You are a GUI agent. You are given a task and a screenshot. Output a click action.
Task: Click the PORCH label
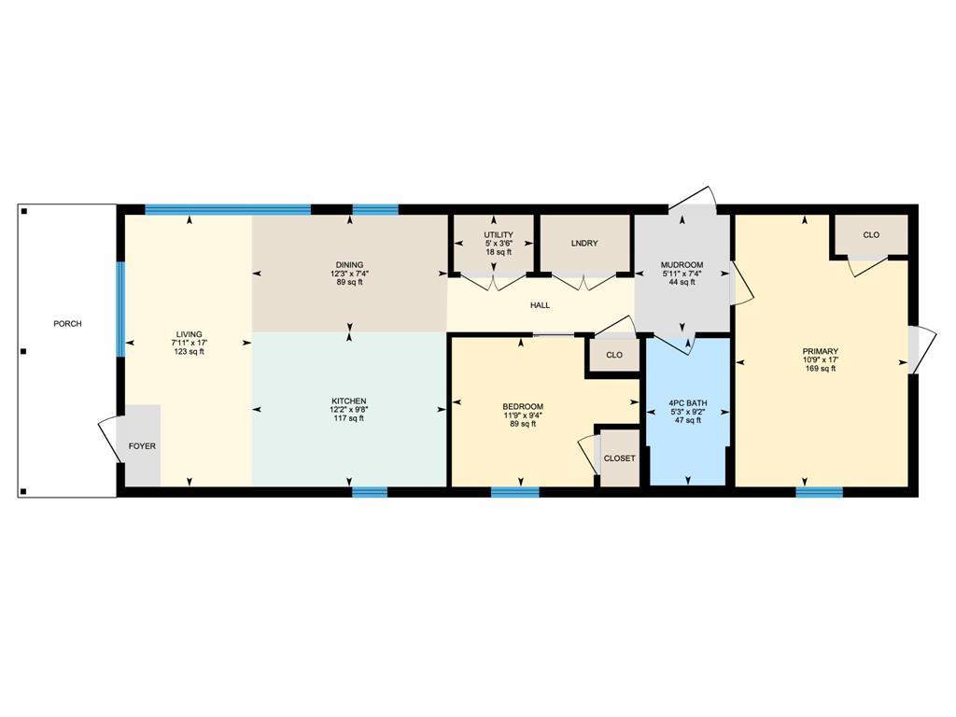coord(67,324)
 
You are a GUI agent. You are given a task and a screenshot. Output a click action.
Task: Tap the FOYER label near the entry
coord(142,446)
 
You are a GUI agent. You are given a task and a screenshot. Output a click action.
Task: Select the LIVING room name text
coord(189,334)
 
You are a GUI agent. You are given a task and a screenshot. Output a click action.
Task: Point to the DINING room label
coord(349,264)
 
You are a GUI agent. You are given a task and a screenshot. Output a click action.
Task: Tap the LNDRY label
coord(583,244)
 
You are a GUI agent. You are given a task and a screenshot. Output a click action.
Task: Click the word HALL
coord(540,305)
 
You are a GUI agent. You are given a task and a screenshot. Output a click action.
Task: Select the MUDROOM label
coord(682,265)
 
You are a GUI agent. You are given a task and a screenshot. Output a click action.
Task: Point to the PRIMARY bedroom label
coord(820,352)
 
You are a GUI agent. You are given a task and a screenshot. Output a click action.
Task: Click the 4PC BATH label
coord(687,403)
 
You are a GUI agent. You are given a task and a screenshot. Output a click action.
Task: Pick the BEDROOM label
coord(522,406)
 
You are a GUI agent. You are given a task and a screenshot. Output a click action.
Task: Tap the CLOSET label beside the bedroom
coord(619,458)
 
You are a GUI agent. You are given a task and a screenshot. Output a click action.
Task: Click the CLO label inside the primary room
coord(870,235)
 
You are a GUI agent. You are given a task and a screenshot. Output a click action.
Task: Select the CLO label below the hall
coord(613,355)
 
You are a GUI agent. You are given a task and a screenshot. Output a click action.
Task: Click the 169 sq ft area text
coord(820,369)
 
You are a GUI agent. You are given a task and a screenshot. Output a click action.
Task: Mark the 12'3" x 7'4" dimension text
coord(349,274)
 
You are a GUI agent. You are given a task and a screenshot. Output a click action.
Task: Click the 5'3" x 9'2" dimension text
coord(687,412)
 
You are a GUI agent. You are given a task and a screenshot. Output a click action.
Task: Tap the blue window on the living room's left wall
coord(119,309)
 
